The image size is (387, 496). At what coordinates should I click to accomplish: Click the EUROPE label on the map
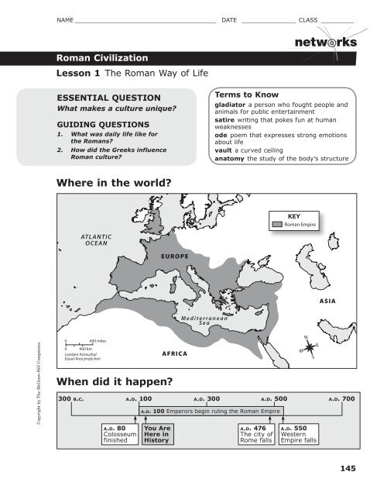coord(176,255)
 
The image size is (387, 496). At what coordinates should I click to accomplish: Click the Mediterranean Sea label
coord(202,320)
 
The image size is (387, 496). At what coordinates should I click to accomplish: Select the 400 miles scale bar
coord(79,343)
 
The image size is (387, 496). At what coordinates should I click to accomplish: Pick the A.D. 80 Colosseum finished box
coord(118,435)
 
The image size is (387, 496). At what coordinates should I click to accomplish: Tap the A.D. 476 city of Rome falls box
coord(255,435)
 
